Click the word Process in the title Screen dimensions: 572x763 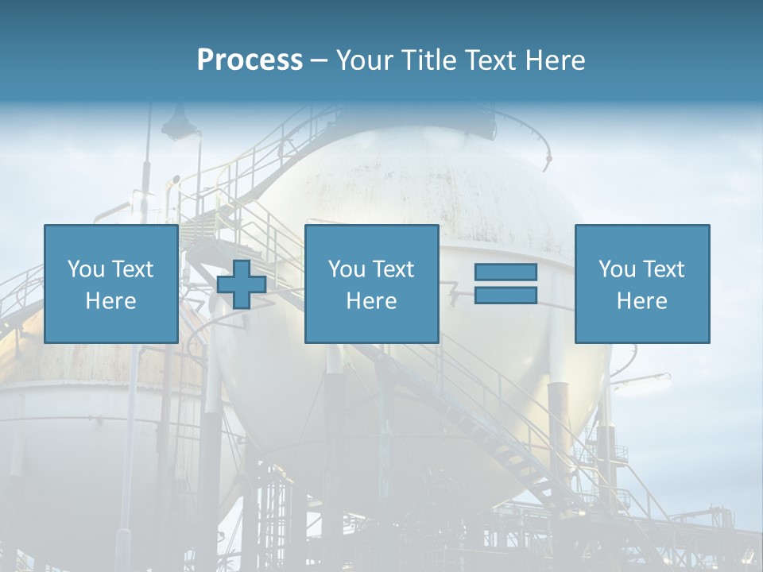click(250, 60)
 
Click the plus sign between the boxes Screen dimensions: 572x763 click(242, 284)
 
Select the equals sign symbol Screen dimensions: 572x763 click(505, 284)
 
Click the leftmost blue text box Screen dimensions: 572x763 click(110, 284)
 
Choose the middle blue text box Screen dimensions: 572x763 click(371, 284)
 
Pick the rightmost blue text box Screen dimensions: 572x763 click(641, 284)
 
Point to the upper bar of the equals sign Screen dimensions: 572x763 click(505, 272)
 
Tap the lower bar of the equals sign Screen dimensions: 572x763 click(505, 295)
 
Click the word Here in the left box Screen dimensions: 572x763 click(110, 301)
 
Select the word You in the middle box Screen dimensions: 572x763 click(347, 269)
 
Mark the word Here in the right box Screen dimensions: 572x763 click(641, 301)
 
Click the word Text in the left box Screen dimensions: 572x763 click(131, 269)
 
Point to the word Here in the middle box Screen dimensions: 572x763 click(371, 301)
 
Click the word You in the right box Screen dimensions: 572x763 click(617, 269)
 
